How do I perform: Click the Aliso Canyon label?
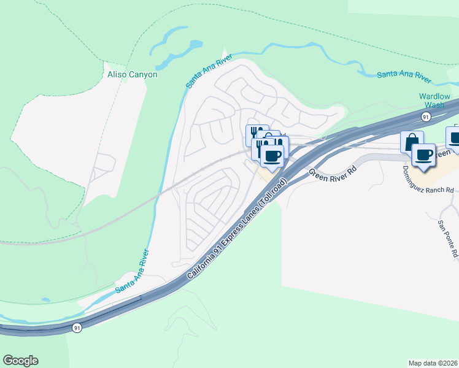click(x=133, y=75)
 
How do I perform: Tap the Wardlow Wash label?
click(x=434, y=101)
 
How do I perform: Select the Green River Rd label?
click(x=332, y=174)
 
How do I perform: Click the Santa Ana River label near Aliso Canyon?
click(x=209, y=70)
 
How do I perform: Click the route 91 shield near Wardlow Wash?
click(x=425, y=117)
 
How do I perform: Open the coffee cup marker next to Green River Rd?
click(x=273, y=155)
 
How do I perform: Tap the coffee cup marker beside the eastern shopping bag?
click(x=423, y=155)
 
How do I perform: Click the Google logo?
click(x=20, y=361)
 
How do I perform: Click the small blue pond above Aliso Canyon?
click(x=195, y=45)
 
